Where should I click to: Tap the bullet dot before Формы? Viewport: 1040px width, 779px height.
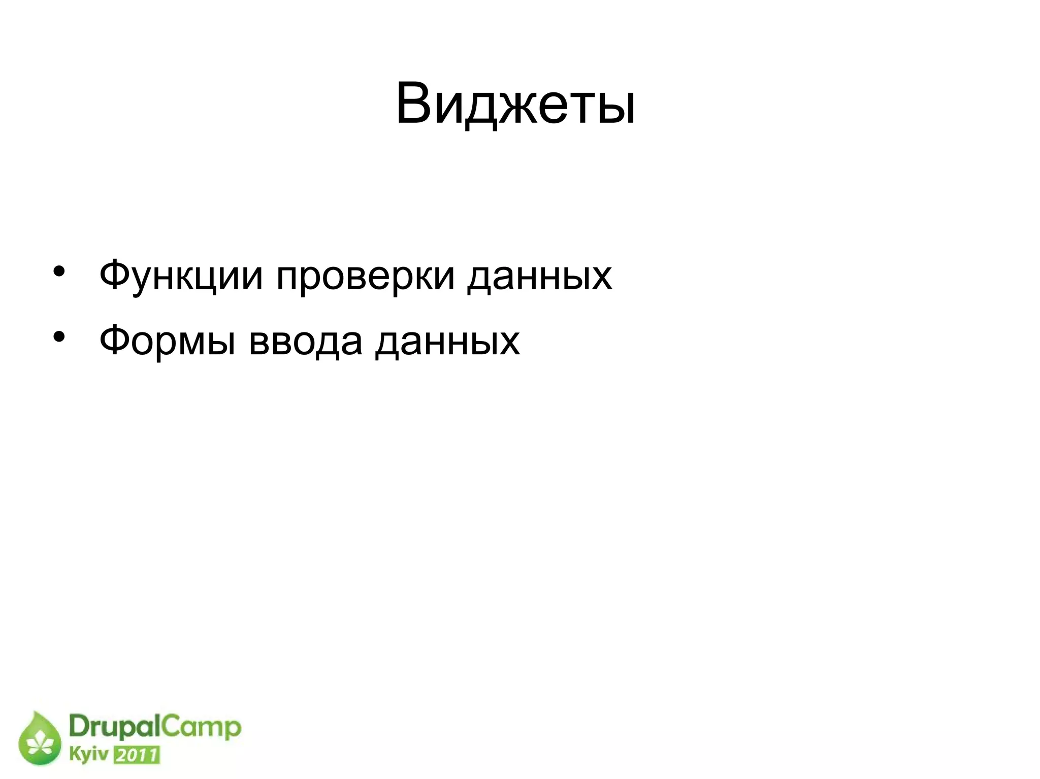point(59,336)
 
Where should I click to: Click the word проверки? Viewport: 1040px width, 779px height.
point(365,276)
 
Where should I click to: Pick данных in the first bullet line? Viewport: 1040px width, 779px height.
point(539,276)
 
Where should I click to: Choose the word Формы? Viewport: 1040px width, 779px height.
point(167,341)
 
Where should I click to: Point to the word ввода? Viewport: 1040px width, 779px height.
point(306,341)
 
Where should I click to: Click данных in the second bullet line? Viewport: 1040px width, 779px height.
point(447,341)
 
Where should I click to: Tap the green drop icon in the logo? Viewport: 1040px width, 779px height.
point(40,739)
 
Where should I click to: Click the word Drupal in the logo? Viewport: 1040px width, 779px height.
point(114,728)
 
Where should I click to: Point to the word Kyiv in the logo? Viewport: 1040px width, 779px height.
point(88,755)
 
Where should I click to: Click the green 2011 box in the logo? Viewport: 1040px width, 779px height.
point(137,756)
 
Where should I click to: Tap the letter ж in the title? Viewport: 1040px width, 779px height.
point(516,109)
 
